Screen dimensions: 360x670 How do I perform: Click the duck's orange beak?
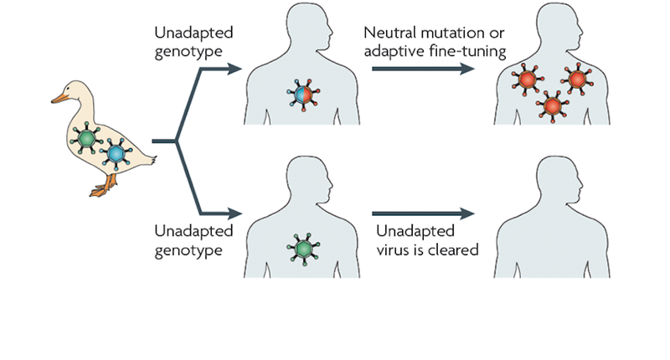pos(58,99)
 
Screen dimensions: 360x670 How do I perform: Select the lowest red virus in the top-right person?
pos(550,106)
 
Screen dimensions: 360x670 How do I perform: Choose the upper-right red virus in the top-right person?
pos(578,79)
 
